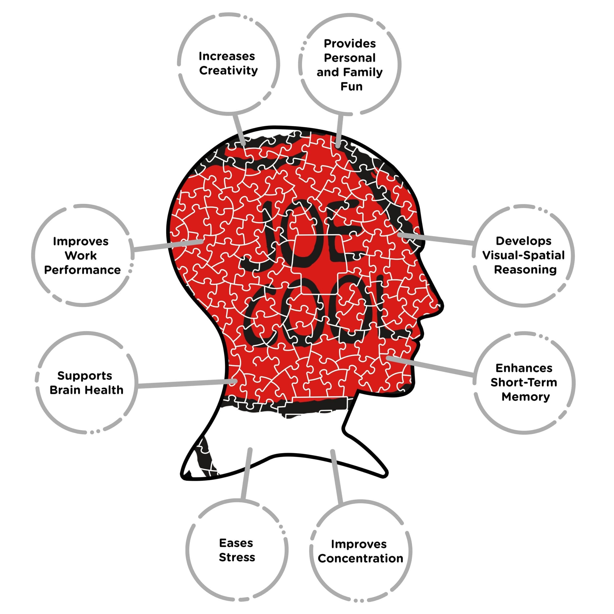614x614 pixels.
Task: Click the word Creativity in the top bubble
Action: [x=229, y=71]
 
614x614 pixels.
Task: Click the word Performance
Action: [x=82, y=270]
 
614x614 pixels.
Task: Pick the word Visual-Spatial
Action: [x=523, y=255]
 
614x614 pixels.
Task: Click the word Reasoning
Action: [x=525, y=270]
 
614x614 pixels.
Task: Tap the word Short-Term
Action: [x=524, y=382]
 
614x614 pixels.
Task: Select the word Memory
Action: [x=526, y=397]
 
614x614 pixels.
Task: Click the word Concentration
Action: [x=360, y=558]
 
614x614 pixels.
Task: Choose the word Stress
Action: [x=237, y=557]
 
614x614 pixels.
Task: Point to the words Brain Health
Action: [x=86, y=390]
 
